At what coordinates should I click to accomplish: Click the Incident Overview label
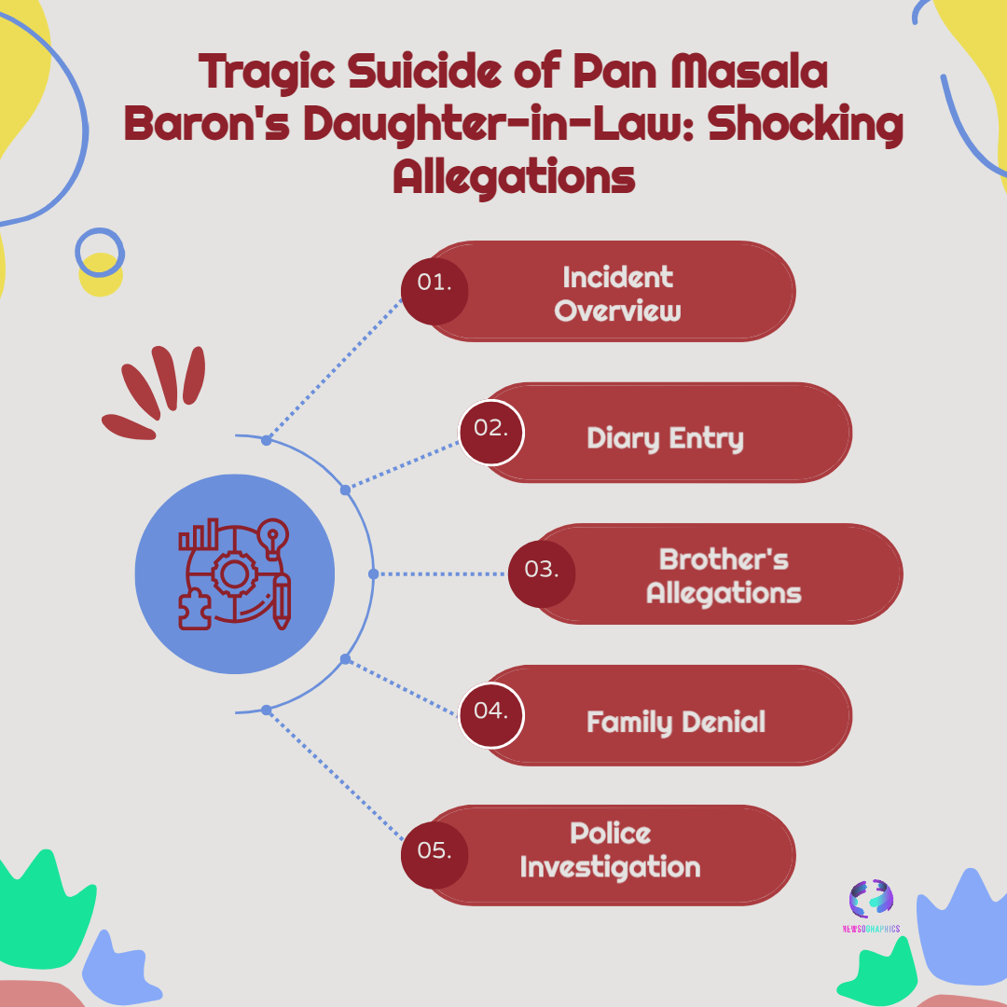coord(617,293)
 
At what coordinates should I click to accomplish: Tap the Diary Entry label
coord(665,438)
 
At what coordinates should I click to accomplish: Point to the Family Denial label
coord(675,721)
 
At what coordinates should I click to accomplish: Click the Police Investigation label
coord(610,850)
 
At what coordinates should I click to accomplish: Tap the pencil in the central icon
coord(281,601)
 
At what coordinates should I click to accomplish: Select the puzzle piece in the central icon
coord(194,609)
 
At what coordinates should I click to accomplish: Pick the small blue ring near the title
coord(99,252)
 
